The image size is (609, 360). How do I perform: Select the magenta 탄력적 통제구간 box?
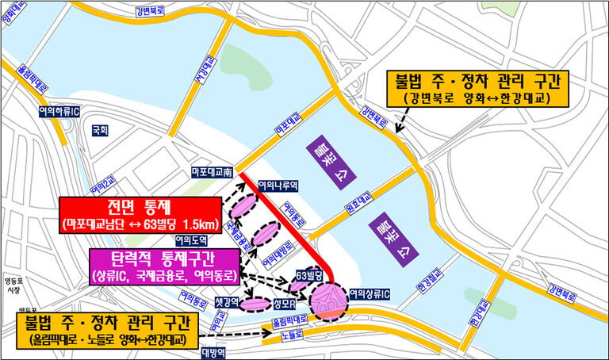click(x=166, y=265)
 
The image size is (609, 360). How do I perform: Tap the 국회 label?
click(x=99, y=128)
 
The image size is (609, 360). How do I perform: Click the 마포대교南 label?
click(x=211, y=171)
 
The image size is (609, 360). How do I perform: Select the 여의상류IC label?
click(x=367, y=295)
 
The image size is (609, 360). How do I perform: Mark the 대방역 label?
click(x=214, y=352)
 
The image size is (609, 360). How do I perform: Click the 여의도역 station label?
click(x=190, y=239)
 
